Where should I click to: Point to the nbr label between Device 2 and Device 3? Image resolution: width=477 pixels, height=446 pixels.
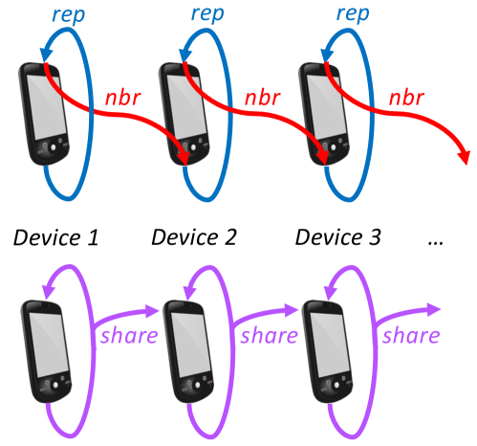click(264, 97)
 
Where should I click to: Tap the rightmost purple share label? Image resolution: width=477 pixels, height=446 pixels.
click(411, 336)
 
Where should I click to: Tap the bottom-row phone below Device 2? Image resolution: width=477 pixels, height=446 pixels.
click(185, 348)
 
